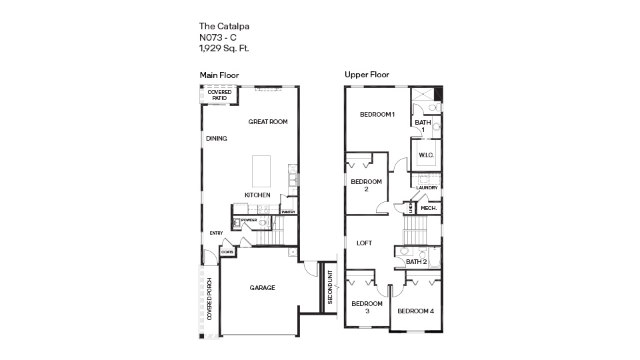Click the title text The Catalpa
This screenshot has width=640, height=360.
[x=224, y=27]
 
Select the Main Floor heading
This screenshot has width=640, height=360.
[x=219, y=75]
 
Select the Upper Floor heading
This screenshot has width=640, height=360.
[x=367, y=75]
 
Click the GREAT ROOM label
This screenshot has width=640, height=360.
[x=268, y=121]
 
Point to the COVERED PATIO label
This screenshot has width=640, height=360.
[x=219, y=95]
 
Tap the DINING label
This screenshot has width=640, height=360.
[x=217, y=139]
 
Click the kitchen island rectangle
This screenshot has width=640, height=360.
[x=261, y=171]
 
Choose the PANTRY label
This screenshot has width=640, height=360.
[x=289, y=212]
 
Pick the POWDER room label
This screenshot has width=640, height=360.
[x=249, y=220]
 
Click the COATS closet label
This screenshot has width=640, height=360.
[x=227, y=252]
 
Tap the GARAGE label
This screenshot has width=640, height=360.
[x=263, y=288]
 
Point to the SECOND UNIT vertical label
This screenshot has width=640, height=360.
[x=330, y=285]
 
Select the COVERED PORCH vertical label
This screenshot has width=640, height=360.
[x=209, y=299]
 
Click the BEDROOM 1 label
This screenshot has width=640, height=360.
[x=377, y=114]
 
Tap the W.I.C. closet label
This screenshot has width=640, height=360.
[x=426, y=155]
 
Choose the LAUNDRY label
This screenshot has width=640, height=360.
[x=427, y=188]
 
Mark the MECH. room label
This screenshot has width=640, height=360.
[x=429, y=209]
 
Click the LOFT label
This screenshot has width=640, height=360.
[x=364, y=243]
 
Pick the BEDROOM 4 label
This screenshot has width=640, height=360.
[x=415, y=311]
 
